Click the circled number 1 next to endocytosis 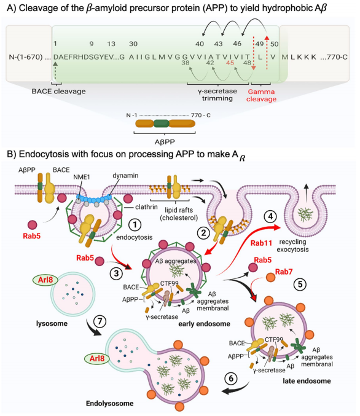click(x=135, y=225)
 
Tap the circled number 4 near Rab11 click(x=270, y=216)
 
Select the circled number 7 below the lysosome click(x=100, y=321)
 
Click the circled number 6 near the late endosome click(x=231, y=379)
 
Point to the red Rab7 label click(x=284, y=272)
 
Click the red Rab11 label click(x=261, y=243)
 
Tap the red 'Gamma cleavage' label click(x=261, y=95)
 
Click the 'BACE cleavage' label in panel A click(x=58, y=92)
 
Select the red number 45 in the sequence click(x=230, y=63)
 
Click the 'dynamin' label click(x=125, y=176)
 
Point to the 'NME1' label click(x=82, y=177)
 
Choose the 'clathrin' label click(x=146, y=206)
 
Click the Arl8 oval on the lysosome click(x=45, y=280)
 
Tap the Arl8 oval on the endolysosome click(x=97, y=358)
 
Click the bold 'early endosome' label click(x=205, y=324)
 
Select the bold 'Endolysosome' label click(x=109, y=403)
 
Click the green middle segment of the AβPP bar click(x=162, y=124)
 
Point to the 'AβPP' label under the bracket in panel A click(x=165, y=142)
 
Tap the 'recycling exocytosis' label click(x=292, y=246)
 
